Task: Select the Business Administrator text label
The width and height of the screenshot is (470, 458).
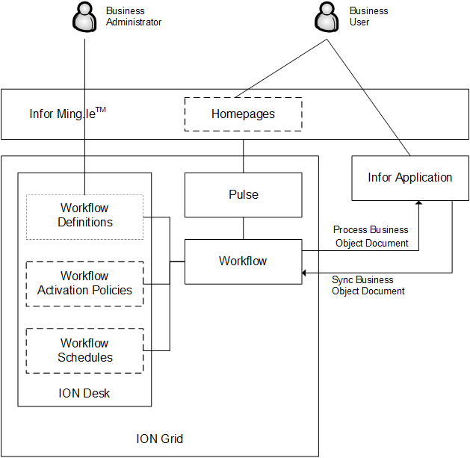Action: click(133, 16)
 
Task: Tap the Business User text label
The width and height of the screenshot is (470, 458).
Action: click(369, 16)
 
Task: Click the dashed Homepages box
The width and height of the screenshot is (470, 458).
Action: click(243, 114)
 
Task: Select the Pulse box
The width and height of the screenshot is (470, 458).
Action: click(243, 195)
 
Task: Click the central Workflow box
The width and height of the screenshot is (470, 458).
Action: click(243, 262)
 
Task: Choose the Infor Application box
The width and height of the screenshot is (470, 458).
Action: click(409, 178)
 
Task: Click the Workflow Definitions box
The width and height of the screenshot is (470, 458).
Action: click(84, 215)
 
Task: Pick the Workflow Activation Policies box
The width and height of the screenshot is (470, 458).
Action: click(84, 283)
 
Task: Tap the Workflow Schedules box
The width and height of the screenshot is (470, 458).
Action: click(84, 350)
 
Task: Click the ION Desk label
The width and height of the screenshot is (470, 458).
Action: click(84, 393)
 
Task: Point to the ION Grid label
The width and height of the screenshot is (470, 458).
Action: click(159, 439)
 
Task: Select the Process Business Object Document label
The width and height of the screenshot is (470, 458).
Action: click(371, 236)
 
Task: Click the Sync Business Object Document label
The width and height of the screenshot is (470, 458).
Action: click(368, 285)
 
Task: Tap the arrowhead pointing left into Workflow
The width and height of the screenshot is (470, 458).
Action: click(305, 273)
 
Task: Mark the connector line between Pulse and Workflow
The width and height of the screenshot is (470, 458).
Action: click(243, 229)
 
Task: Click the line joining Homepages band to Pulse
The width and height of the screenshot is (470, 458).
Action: click(243, 156)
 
